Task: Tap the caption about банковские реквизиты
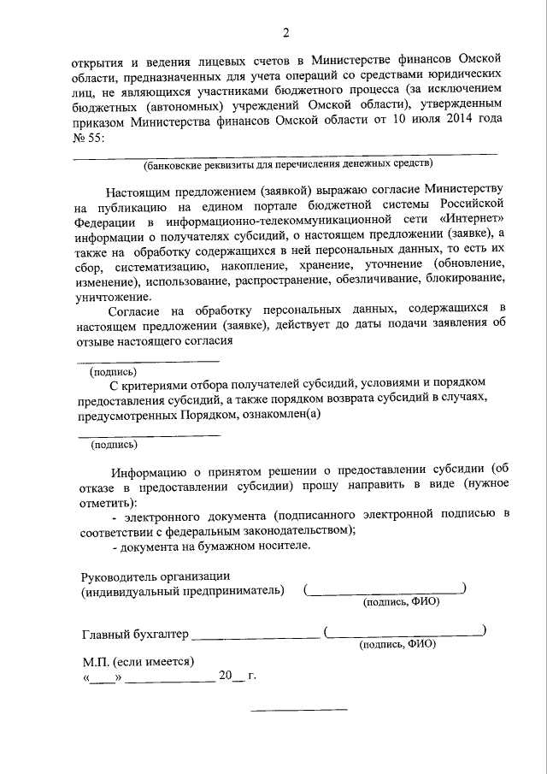pyautogui.click(x=288, y=162)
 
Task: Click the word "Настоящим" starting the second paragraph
pyautogui.click(x=141, y=187)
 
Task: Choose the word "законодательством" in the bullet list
pyautogui.click(x=299, y=530)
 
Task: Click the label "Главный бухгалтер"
pyautogui.click(x=134, y=635)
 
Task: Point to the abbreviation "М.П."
pyautogui.click(x=97, y=661)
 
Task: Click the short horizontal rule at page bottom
pyautogui.click(x=298, y=709)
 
